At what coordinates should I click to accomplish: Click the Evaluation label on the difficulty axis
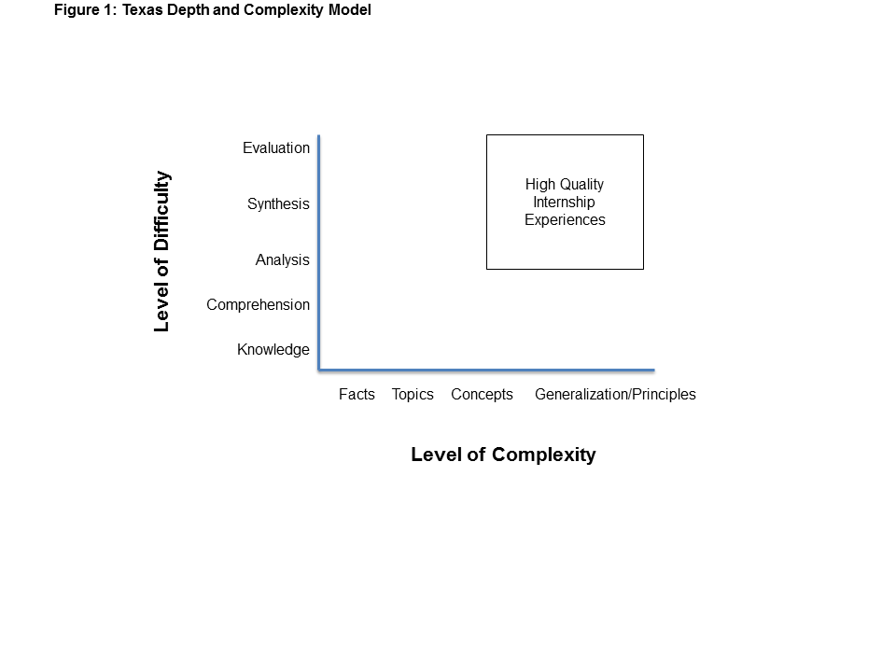[276, 148]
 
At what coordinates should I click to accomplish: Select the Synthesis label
[278, 204]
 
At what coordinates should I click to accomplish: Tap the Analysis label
[282, 260]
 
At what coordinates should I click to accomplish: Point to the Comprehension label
[259, 305]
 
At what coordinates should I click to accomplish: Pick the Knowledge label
[273, 350]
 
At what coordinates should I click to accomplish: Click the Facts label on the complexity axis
[357, 394]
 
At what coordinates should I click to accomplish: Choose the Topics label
[413, 394]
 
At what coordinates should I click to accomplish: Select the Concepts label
[482, 394]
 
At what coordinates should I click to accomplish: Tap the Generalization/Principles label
[615, 394]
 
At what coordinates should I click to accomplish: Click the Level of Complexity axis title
[503, 455]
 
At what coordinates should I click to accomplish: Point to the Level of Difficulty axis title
[161, 251]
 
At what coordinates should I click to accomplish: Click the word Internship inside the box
[564, 203]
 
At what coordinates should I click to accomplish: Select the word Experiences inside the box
[566, 220]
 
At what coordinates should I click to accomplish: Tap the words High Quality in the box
[565, 185]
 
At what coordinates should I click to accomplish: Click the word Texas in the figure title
[142, 10]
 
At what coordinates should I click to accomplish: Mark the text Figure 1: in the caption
[86, 10]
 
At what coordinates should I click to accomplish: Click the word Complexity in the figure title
[284, 10]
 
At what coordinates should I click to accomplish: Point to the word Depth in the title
[188, 10]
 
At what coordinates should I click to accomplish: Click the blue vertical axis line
[319, 253]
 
